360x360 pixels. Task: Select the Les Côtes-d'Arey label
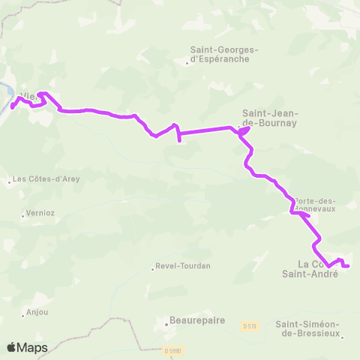pyautogui.click(x=46, y=179)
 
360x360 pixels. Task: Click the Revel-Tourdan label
pyautogui.click(x=183, y=266)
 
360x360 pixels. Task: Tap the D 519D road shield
pyautogui.click(x=172, y=350)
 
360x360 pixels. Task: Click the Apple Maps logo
pyautogui.click(x=26, y=347)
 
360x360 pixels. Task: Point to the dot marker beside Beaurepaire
pyautogui.click(x=166, y=325)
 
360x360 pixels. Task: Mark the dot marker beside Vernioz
pyautogui.click(x=22, y=217)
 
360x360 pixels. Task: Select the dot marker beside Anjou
pyautogui.click(x=22, y=316)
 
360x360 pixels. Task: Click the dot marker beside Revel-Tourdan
pyautogui.click(x=152, y=270)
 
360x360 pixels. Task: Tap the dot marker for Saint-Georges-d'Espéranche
pyautogui.click(x=187, y=63)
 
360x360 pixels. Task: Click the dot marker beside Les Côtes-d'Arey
pyautogui.click(x=8, y=181)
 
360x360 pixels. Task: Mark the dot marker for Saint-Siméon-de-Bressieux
pyautogui.click(x=342, y=337)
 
